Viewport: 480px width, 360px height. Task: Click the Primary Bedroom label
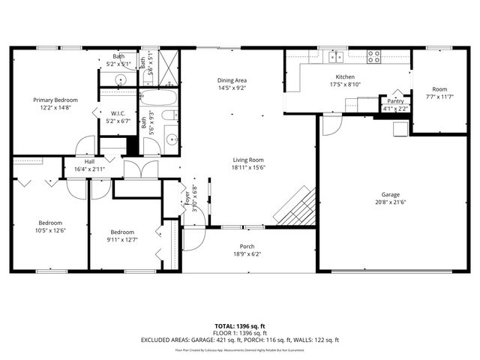point(55,100)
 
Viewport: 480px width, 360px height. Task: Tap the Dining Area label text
point(232,80)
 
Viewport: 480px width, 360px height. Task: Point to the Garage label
point(388,195)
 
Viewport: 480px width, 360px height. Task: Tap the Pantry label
point(395,100)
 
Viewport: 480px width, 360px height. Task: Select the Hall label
point(89,162)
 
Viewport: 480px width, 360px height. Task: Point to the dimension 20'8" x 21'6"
point(388,202)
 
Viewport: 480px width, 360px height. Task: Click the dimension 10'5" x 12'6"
point(50,230)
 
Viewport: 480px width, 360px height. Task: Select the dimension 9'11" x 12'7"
point(121,240)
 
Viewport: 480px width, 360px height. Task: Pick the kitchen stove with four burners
point(374,57)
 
